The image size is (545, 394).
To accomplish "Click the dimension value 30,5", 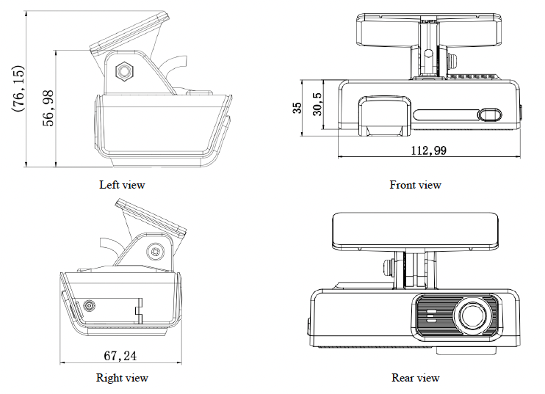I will tap(317, 107).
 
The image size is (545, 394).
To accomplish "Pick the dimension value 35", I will tap(297, 108).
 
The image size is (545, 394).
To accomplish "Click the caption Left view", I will tap(122, 185).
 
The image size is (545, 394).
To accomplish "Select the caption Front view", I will tap(415, 185).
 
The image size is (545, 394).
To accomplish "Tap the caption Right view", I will tap(122, 379).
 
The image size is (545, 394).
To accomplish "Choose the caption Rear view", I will tap(415, 379).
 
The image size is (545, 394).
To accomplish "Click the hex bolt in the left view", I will tap(125, 71).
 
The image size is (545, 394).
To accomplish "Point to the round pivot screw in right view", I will tap(155, 251).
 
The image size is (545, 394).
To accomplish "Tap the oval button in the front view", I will tap(490, 114).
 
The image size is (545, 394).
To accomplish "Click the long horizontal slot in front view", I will tap(445, 114).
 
